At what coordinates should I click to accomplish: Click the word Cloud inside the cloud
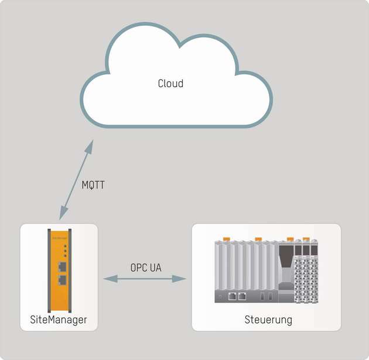pyautogui.click(x=170, y=84)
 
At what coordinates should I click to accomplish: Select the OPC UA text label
pyautogui.click(x=146, y=268)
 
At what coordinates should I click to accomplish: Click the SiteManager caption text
pyautogui.click(x=58, y=320)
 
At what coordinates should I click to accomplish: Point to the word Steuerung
pyautogui.click(x=268, y=320)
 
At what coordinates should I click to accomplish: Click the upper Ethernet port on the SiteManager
pyautogui.click(x=62, y=267)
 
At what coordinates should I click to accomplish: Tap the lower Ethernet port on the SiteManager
pyautogui.click(x=62, y=279)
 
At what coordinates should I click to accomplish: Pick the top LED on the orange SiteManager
pyautogui.click(x=66, y=246)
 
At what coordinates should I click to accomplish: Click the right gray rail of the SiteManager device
pyautogui.click(x=71, y=270)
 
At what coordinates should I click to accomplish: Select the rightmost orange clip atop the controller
pyautogui.click(x=306, y=238)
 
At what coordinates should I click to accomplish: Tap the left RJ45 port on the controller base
pyautogui.click(x=233, y=296)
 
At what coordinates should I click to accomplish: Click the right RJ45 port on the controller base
pyautogui.click(x=242, y=296)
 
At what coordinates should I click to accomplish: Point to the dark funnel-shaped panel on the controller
pyautogui.click(x=285, y=260)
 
